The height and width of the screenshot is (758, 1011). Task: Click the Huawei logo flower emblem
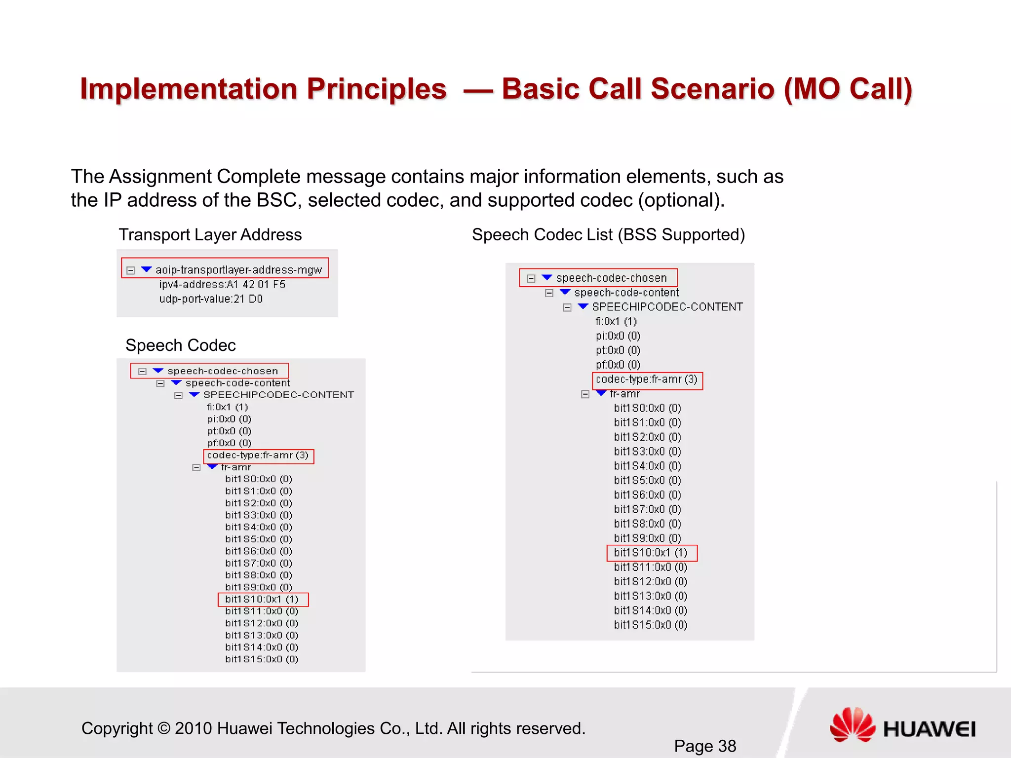coord(852,725)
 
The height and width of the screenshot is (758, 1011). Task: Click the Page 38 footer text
coord(705,746)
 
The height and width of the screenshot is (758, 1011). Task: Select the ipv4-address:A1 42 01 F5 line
coord(222,284)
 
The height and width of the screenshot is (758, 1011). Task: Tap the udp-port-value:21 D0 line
coord(211,299)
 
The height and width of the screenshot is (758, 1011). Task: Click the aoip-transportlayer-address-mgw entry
coord(238,269)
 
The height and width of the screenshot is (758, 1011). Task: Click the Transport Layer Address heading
coord(210,234)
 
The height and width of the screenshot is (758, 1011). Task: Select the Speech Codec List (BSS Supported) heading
coord(608,234)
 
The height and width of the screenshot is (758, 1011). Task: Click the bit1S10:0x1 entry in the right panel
coord(651,553)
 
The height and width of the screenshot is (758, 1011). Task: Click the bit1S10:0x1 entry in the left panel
coord(262,599)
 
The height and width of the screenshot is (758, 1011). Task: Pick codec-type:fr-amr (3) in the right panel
coord(647,379)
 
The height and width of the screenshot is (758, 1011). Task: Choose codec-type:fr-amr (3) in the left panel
coord(258,455)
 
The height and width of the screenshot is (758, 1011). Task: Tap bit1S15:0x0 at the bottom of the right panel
coord(650,625)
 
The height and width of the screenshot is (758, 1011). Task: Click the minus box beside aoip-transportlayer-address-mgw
coord(131,270)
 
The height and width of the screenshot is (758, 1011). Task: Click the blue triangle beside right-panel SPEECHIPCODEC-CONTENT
coord(583,306)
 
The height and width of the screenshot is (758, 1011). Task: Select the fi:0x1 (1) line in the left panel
coord(227,407)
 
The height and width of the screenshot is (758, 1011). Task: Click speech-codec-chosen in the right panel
coord(611,278)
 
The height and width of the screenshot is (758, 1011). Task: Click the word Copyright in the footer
coord(117,728)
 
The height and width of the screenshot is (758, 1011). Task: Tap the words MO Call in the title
coord(848,89)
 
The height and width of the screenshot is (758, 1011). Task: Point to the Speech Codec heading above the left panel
coord(181,345)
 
